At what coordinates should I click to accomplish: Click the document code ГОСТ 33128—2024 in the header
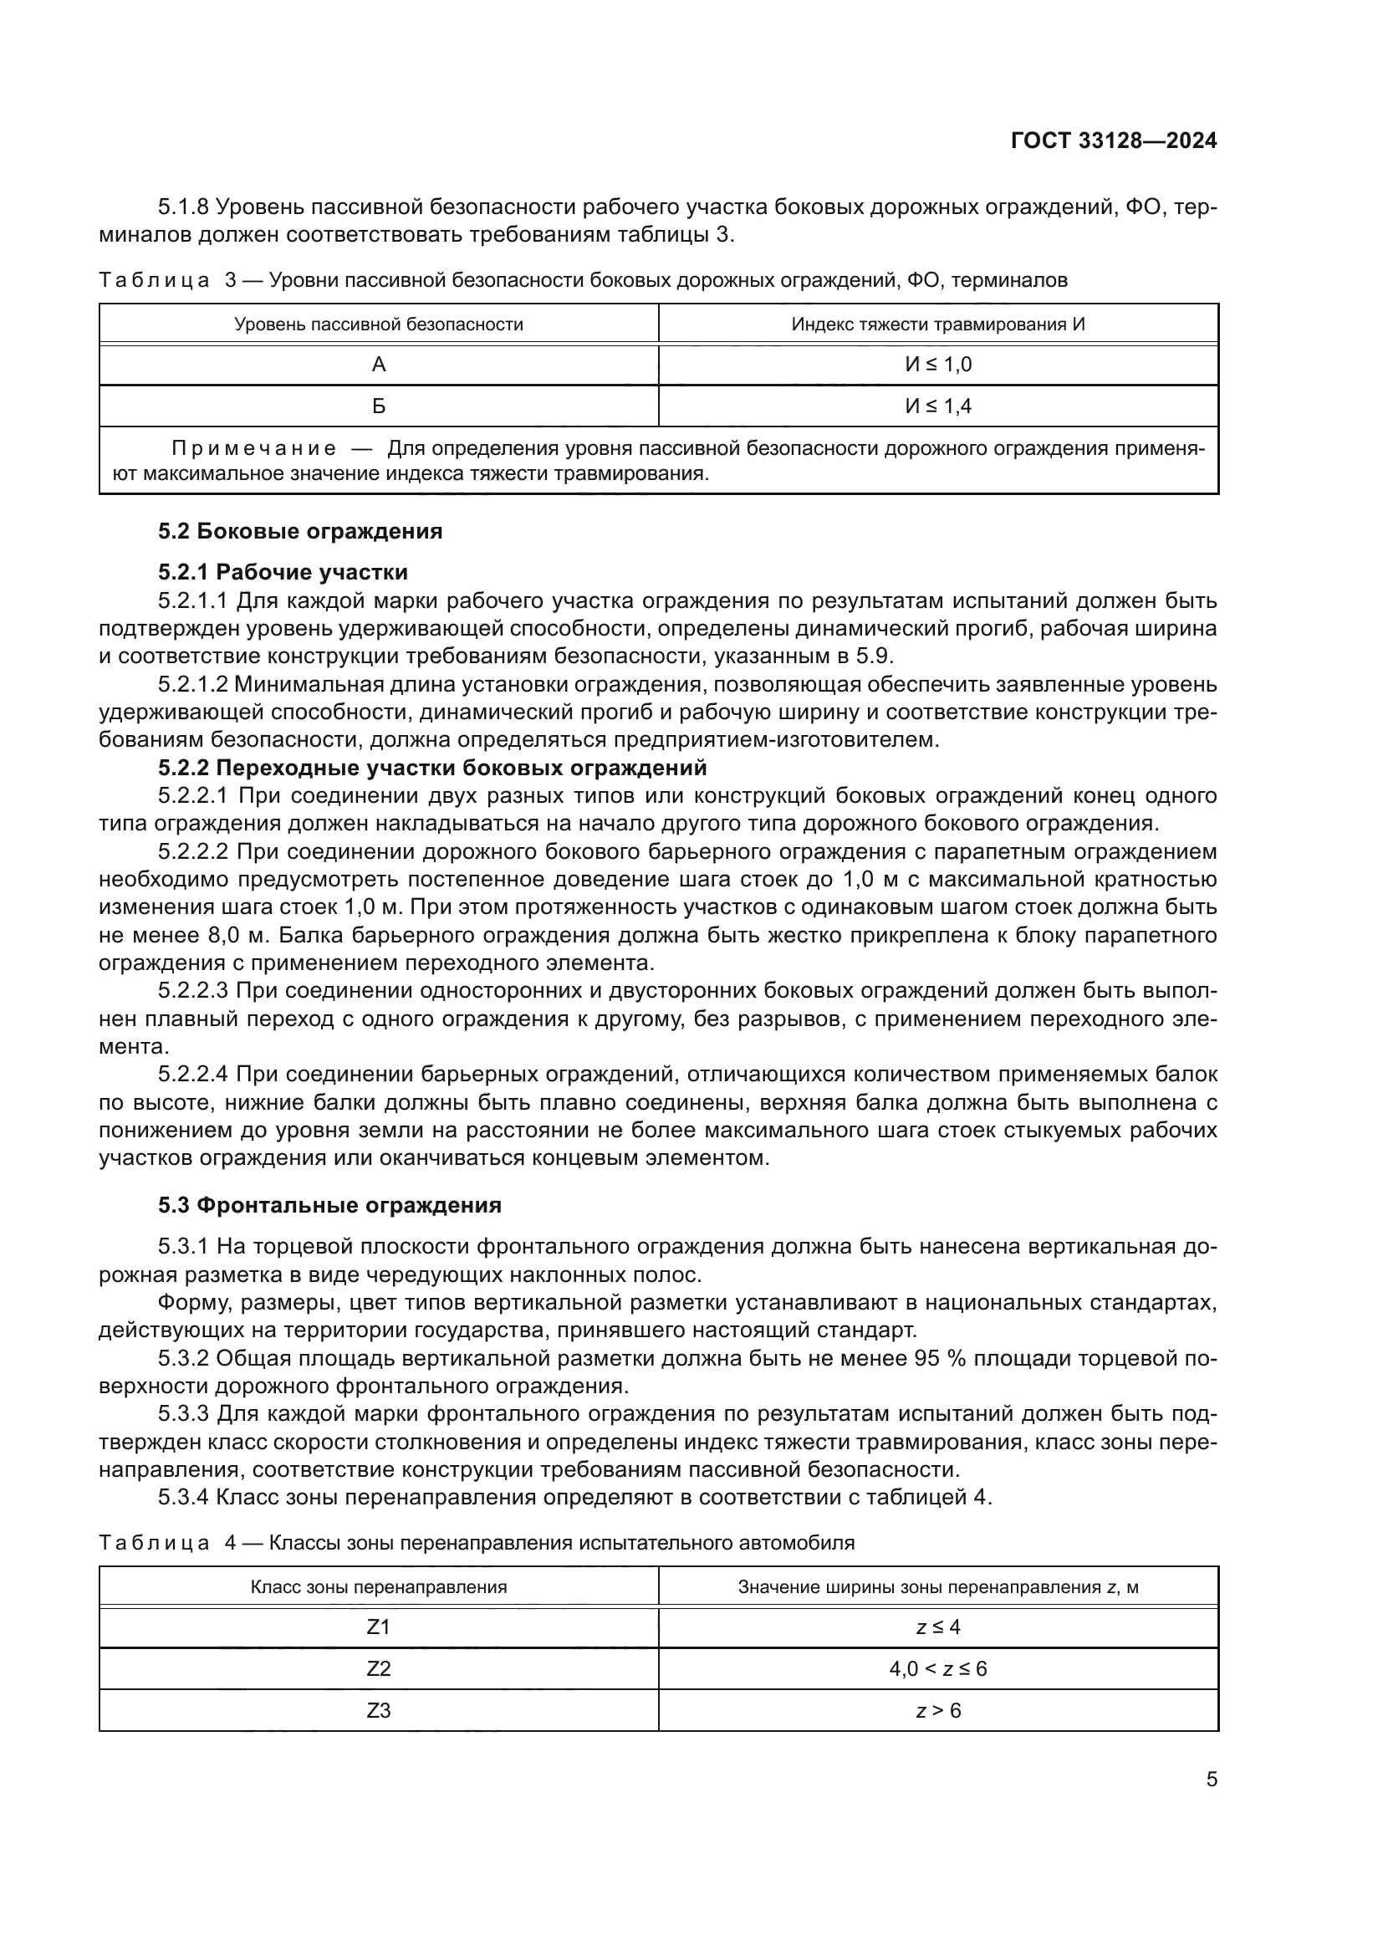coord(1114,140)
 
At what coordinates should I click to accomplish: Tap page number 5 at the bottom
coord(1211,1780)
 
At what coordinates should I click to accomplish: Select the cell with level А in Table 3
coord(379,365)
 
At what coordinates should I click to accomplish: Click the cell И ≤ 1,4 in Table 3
coord(937,406)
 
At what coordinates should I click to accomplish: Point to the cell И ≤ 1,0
coord(937,365)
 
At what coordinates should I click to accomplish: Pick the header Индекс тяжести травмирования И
coord(937,324)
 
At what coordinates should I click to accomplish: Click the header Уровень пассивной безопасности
coord(379,324)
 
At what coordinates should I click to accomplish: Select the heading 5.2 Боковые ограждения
coord(300,532)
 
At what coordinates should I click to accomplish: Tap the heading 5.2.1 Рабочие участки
coord(283,572)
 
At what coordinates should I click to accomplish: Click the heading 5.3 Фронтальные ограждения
coord(329,1204)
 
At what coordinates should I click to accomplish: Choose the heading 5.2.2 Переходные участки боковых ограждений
coord(432,768)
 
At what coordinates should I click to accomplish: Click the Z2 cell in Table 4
coord(379,1669)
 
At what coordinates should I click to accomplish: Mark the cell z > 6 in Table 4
coord(937,1711)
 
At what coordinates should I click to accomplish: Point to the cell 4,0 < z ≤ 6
coord(937,1669)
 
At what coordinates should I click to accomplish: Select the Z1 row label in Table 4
coord(379,1627)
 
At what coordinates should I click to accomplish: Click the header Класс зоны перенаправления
coord(379,1587)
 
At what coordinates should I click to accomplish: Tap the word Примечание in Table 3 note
coord(254,448)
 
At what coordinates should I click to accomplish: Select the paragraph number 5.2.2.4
coord(193,1075)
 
